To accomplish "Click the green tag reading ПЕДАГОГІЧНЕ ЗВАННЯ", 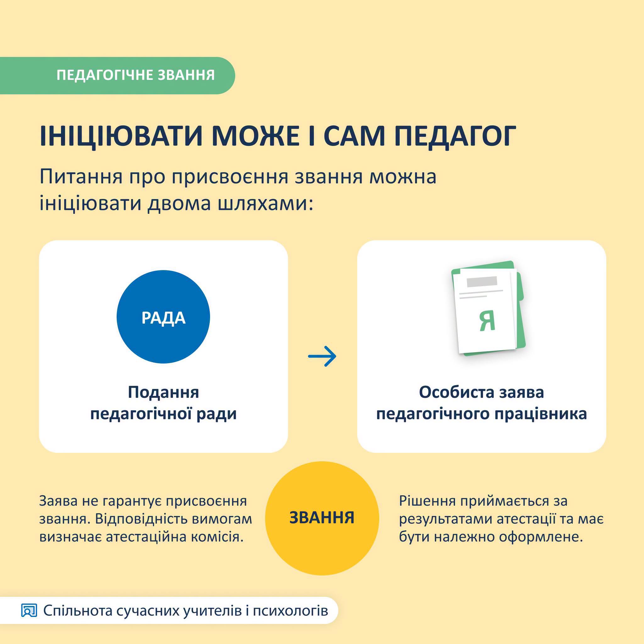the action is [117, 75].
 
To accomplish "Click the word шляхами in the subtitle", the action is [265, 204].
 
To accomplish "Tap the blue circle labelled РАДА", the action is [163, 317].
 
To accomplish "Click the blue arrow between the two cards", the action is [322, 356].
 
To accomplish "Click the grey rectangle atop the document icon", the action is [482, 281].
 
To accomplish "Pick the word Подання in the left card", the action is [163, 392].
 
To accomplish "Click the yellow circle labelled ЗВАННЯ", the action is [322, 518].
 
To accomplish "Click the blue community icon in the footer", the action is [29, 611].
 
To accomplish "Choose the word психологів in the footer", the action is [290, 611].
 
